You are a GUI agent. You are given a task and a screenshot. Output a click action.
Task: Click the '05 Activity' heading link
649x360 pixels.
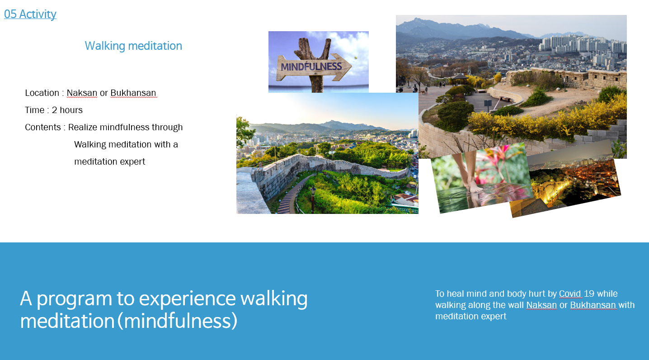point(30,14)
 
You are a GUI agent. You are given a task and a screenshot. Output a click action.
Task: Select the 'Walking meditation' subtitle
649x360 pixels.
point(133,46)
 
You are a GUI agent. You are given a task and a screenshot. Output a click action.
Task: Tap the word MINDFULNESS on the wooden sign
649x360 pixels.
point(311,66)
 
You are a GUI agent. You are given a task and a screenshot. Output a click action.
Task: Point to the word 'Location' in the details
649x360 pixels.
point(42,93)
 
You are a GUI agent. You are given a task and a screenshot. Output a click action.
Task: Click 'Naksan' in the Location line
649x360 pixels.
point(82,93)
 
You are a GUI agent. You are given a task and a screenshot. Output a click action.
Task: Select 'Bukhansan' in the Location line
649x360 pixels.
point(133,93)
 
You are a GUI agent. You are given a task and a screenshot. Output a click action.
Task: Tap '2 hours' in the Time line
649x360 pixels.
point(67,110)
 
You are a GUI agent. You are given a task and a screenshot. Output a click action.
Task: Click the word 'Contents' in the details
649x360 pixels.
point(43,127)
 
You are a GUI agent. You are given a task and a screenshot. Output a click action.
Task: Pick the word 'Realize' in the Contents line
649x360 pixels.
point(83,127)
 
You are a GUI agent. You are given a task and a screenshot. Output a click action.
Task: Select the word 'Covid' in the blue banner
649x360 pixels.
point(570,294)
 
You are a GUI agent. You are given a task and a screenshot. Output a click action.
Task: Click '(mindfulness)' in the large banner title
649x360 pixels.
point(177,321)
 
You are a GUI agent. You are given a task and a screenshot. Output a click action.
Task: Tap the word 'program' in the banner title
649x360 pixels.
point(74,299)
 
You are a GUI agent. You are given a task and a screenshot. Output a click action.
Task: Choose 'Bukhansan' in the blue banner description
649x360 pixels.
point(593,305)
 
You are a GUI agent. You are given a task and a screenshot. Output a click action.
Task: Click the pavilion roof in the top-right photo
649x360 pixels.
point(460,76)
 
